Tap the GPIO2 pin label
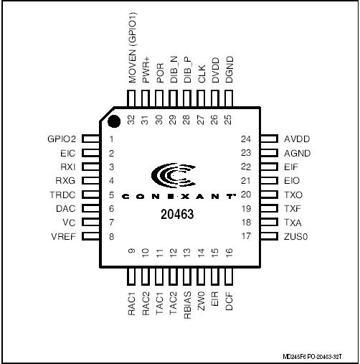click(x=62, y=139)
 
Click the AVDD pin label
click(x=296, y=139)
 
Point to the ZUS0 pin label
click(x=297, y=235)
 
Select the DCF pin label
click(x=229, y=297)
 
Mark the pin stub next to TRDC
click(x=89, y=195)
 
